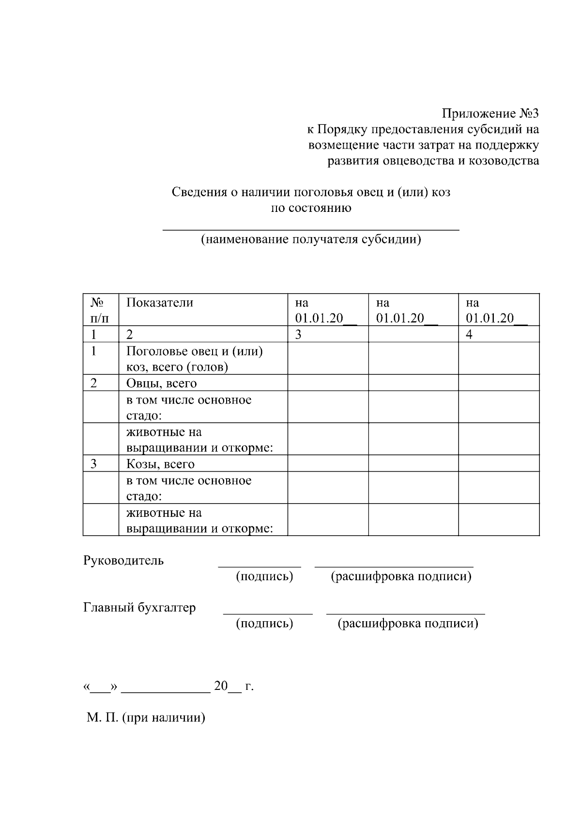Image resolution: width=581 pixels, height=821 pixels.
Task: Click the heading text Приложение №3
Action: coord(490,114)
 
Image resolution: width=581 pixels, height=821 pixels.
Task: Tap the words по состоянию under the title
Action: coord(311,208)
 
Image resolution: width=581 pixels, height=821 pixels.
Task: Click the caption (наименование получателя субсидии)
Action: coord(311,239)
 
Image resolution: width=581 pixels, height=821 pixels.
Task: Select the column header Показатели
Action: coord(160,303)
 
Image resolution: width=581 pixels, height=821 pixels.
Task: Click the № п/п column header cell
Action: coord(100,310)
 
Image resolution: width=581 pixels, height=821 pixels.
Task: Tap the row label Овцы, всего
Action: coord(162,384)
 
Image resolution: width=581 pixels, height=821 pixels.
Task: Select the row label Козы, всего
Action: coord(161,464)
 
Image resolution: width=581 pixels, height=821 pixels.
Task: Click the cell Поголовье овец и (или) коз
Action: coord(194,359)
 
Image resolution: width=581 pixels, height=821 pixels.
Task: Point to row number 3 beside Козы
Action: coord(94,464)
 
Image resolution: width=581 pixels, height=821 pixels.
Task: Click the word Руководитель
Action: coord(123,561)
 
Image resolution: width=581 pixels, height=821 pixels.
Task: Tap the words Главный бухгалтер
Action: coord(139,608)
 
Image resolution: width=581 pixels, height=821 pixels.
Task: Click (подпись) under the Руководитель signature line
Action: coord(264,577)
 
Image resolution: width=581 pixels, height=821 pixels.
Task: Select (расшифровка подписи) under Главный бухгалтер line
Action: coord(408,624)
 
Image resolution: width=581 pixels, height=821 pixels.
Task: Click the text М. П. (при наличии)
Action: coord(146,717)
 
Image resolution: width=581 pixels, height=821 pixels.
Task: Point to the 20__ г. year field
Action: coord(233,687)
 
